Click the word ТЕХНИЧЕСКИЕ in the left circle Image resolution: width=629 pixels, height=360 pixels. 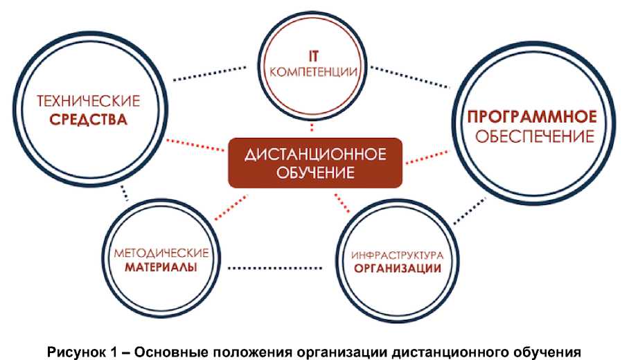tap(88, 100)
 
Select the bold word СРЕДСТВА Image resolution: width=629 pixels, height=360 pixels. tap(88, 120)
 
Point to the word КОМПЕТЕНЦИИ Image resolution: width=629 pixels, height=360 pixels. tap(312, 71)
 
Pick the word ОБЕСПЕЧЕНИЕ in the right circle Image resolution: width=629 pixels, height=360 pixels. tap(533, 136)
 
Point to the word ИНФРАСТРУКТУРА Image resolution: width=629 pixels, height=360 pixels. tap(397, 253)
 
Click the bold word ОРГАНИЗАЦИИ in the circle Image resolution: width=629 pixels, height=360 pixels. tap(397, 269)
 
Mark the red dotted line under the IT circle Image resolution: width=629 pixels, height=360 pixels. tap(313, 127)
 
